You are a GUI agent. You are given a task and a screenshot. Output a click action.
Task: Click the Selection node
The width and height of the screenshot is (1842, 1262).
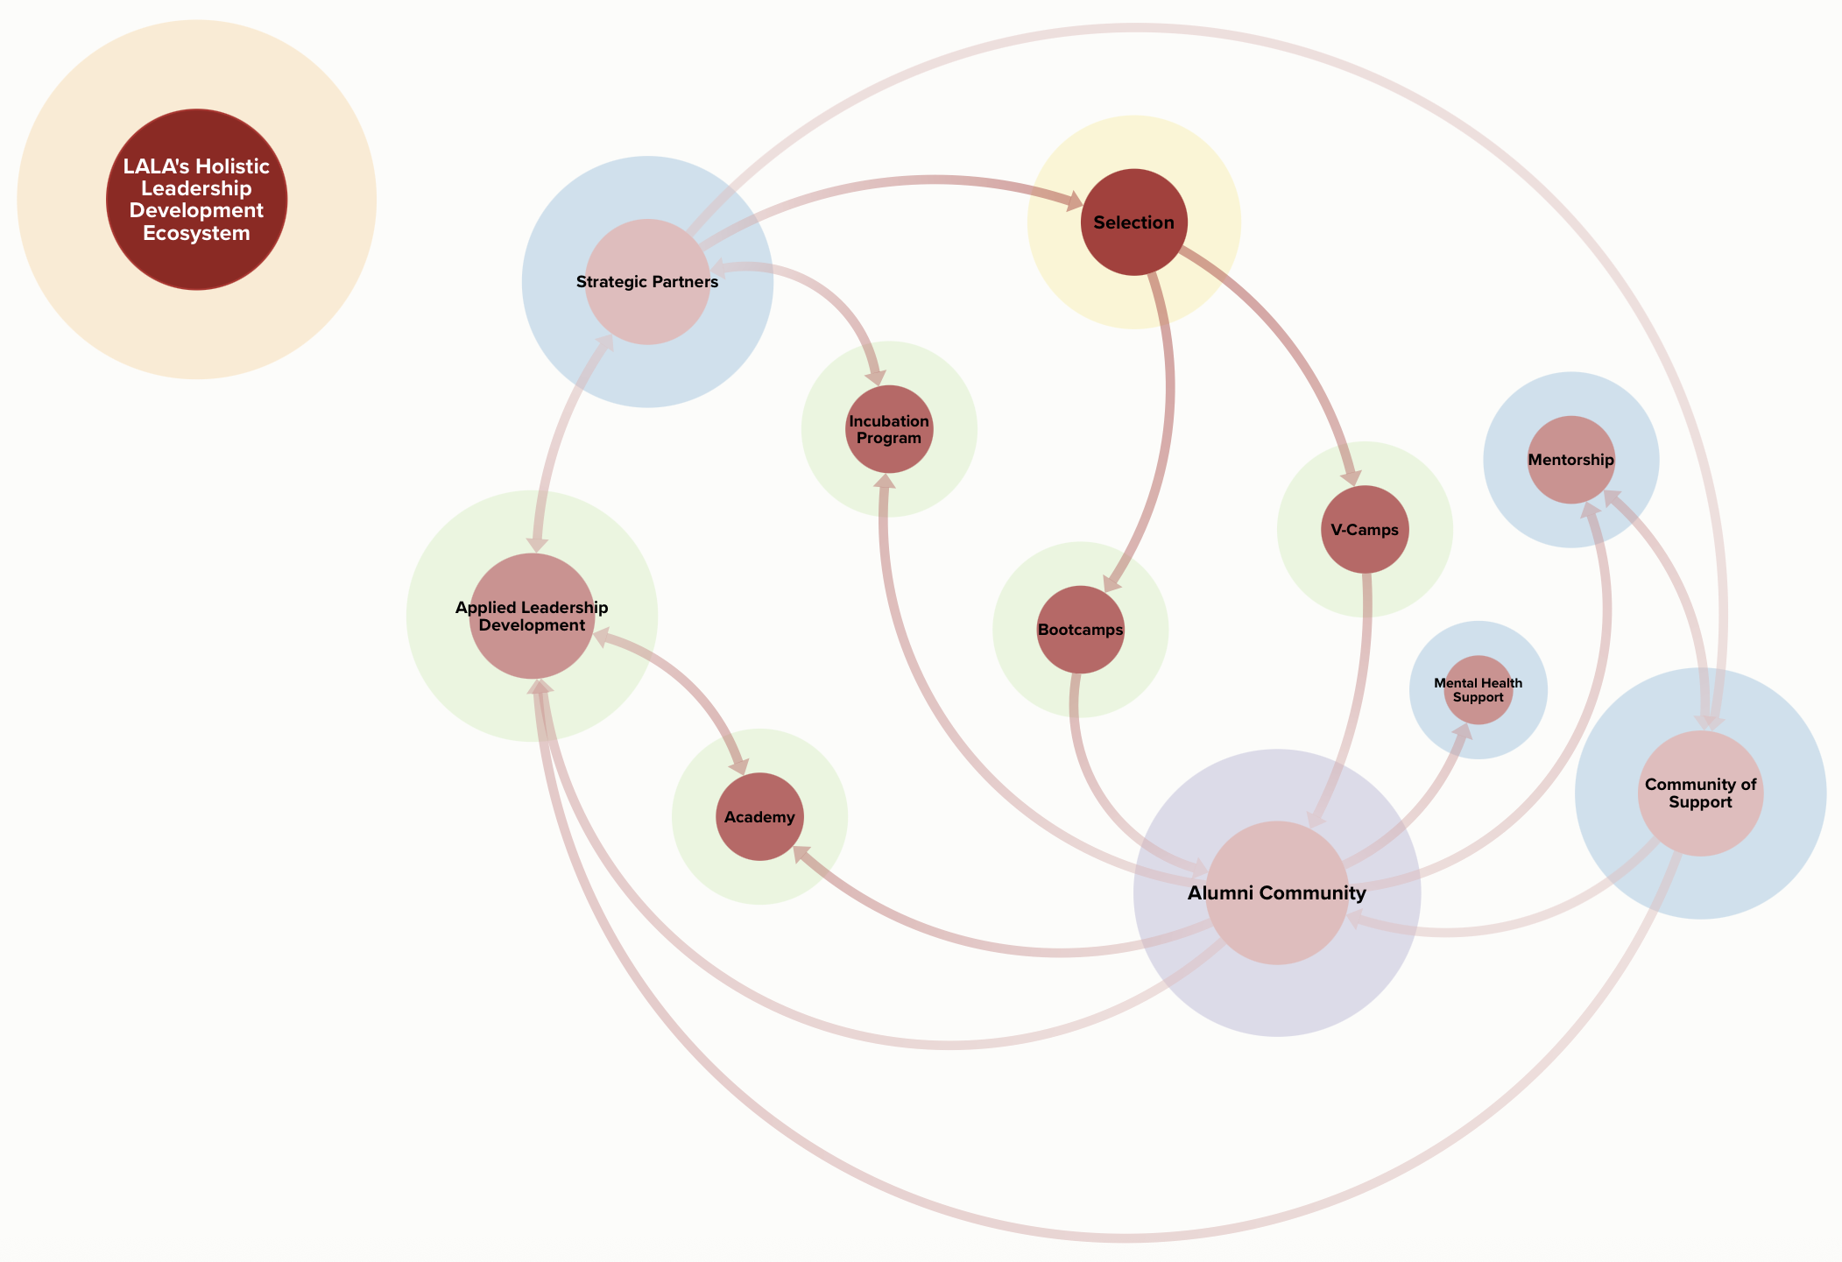click(1133, 222)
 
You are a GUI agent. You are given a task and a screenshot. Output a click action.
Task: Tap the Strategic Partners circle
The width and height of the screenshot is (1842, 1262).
click(647, 282)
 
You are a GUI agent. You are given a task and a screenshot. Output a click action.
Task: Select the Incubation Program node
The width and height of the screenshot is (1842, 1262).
click(889, 429)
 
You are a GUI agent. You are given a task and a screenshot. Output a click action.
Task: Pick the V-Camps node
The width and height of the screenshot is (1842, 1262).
click(1364, 530)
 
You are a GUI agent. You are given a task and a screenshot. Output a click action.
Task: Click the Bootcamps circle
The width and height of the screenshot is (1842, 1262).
click(1080, 630)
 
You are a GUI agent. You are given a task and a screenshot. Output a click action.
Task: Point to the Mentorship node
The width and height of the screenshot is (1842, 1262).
click(1570, 460)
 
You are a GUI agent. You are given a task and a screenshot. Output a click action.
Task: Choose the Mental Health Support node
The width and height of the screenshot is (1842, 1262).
click(1478, 690)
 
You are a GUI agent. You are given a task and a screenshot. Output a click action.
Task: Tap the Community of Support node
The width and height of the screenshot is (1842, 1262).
click(1700, 793)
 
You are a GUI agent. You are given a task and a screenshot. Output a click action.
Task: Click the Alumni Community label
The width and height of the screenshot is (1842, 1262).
click(1276, 893)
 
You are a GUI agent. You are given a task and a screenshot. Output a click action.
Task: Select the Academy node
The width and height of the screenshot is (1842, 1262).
click(759, 817)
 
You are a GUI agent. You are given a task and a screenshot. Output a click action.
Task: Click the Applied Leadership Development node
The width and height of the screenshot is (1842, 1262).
click(532, 617)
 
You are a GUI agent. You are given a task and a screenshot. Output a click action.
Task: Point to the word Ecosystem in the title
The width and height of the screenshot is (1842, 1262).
click(196, 234)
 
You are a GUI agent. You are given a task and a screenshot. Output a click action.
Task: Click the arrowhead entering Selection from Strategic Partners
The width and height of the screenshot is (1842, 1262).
click(1073, 202)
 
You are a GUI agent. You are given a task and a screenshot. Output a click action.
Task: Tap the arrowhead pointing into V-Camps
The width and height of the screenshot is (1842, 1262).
click(1352, 476)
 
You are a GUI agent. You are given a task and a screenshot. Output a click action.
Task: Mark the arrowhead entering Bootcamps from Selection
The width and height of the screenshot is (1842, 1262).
click(1112, 582)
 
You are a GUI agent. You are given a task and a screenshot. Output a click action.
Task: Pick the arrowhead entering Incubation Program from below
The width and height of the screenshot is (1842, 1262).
click(886, 483)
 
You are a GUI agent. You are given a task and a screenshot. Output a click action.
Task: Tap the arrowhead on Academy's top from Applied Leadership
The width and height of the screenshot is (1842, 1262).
click(740, 765)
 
